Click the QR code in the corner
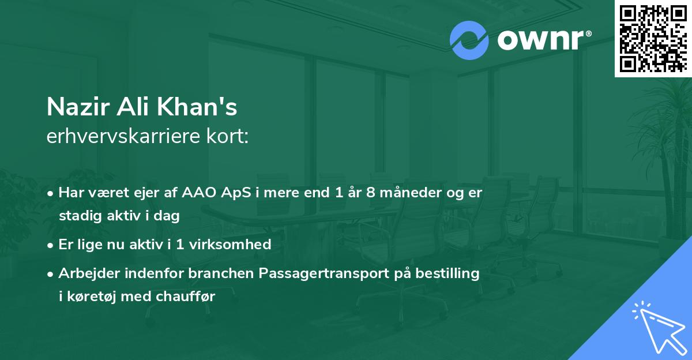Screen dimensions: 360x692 point(653,38)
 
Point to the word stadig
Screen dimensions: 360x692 point(77,216)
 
